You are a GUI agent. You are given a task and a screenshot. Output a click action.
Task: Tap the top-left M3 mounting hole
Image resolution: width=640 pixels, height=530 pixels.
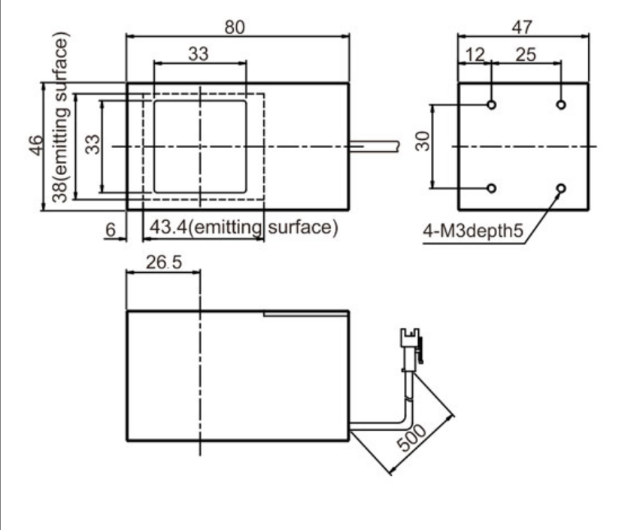(x=491, y=104)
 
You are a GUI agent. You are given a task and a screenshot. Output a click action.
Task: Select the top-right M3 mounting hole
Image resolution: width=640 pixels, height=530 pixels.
(x=560, y=104)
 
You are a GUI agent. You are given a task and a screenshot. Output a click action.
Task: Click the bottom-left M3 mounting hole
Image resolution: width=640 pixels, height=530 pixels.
(x=491, y=188)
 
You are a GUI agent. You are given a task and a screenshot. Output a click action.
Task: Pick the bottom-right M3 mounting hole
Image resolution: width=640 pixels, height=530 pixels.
(x=560, y=188)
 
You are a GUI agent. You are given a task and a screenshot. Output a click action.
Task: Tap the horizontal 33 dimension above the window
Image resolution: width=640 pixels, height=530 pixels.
(x=199, y=54)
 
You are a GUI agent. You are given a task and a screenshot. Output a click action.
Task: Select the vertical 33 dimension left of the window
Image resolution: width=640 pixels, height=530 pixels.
(x=92, y=145)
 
